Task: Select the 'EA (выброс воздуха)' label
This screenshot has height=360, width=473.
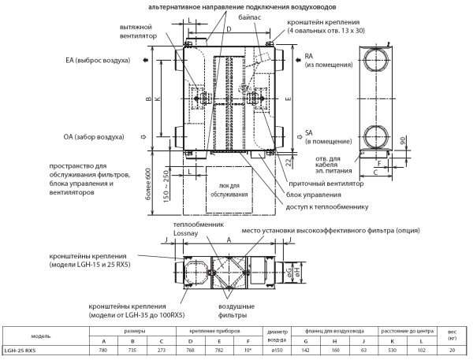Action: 98,60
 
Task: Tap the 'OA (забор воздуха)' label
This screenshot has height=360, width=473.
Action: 94,137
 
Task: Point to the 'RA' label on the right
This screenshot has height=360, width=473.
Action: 310,57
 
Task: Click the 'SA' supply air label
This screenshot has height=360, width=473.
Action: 310,132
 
